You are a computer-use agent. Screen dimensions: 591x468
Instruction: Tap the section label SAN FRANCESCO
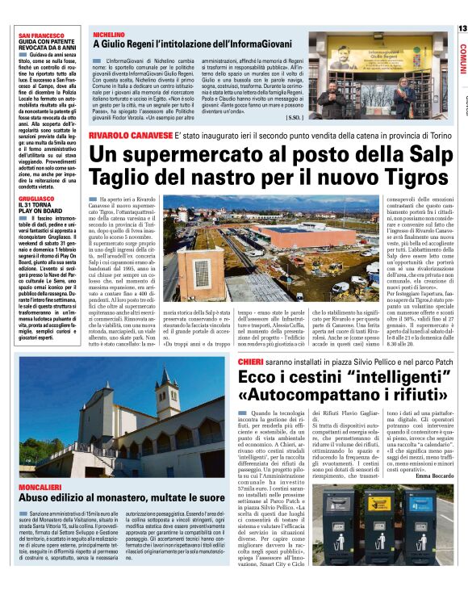click(42, 36)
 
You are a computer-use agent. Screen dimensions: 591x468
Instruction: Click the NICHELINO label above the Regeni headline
click(109, 36)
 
